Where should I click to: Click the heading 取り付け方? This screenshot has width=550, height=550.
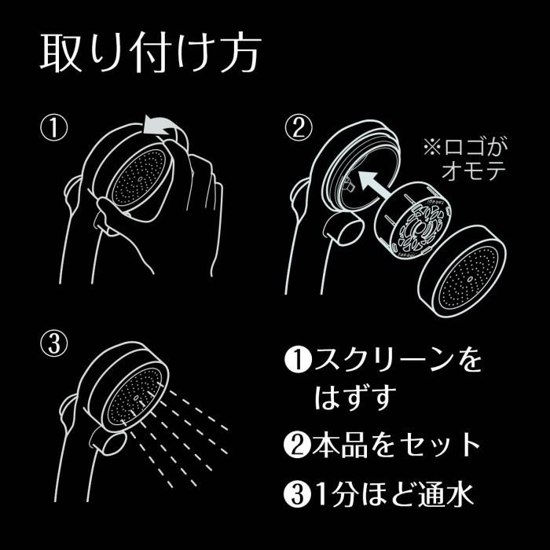[149, 53]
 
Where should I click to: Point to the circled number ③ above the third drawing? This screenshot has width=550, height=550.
[55, 343]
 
